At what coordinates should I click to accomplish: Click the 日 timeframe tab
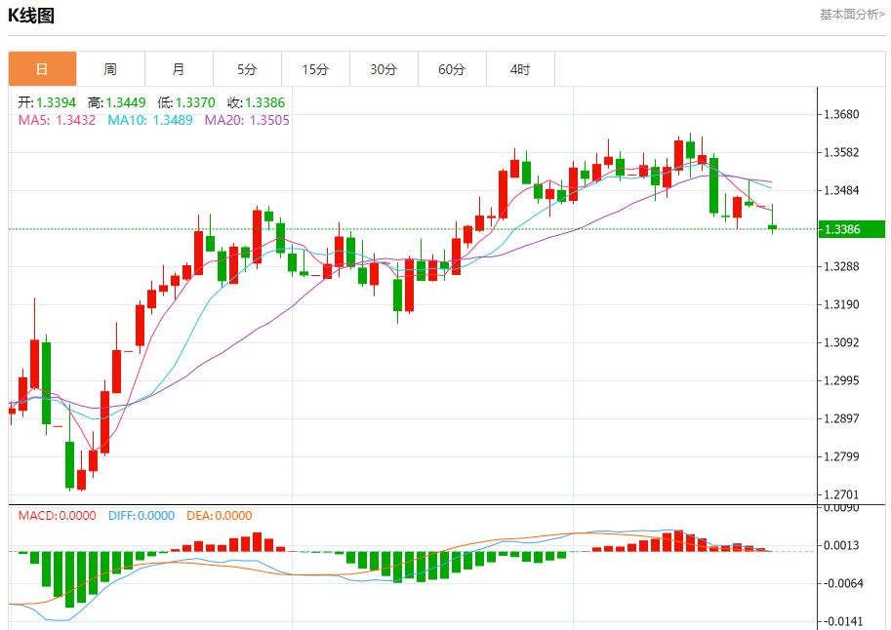42,69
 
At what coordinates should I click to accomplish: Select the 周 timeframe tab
110,69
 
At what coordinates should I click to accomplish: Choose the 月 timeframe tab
179,69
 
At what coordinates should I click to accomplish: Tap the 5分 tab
247,69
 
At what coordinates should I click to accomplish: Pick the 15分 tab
315,69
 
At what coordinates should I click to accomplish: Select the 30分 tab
384,69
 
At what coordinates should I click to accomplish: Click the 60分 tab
452,69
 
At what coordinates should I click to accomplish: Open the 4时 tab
520,69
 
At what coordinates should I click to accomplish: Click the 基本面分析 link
852,15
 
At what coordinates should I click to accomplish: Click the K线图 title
32,16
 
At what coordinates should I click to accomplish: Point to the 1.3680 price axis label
841,114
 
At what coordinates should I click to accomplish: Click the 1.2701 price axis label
841,495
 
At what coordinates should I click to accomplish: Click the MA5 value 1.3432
76,120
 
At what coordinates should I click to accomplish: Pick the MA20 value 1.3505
269,120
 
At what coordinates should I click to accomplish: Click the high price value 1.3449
126,102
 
